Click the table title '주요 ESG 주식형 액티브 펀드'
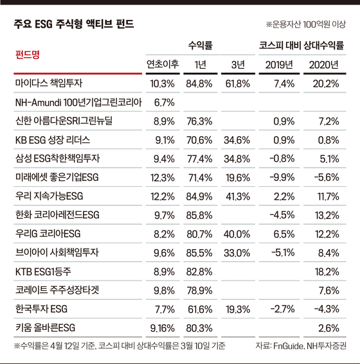coord(74,24)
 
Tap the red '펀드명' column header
coord(28,55)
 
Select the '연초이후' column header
coord(163,64)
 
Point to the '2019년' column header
coord(279,65)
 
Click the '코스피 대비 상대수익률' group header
coord(301,46)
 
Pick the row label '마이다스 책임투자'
coord(49,83)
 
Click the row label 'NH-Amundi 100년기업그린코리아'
coord(78,102)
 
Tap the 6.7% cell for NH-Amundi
coord(165,102)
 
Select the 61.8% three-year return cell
coord(237,83)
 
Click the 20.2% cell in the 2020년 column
coord(326,83)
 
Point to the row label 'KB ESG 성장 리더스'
coord(53,140)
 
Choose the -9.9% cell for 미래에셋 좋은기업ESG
coord(282,178)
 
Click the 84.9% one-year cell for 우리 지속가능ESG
coord(199,196)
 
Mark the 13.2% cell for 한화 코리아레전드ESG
coord(327,216)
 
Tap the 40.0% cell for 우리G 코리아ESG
coord(237,234)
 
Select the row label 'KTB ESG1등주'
coord(43,272)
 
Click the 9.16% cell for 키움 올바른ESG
coord(163,328)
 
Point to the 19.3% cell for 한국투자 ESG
coord(238,309)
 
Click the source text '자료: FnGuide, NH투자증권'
coord(301,346)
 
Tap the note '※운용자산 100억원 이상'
coord(306,24)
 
